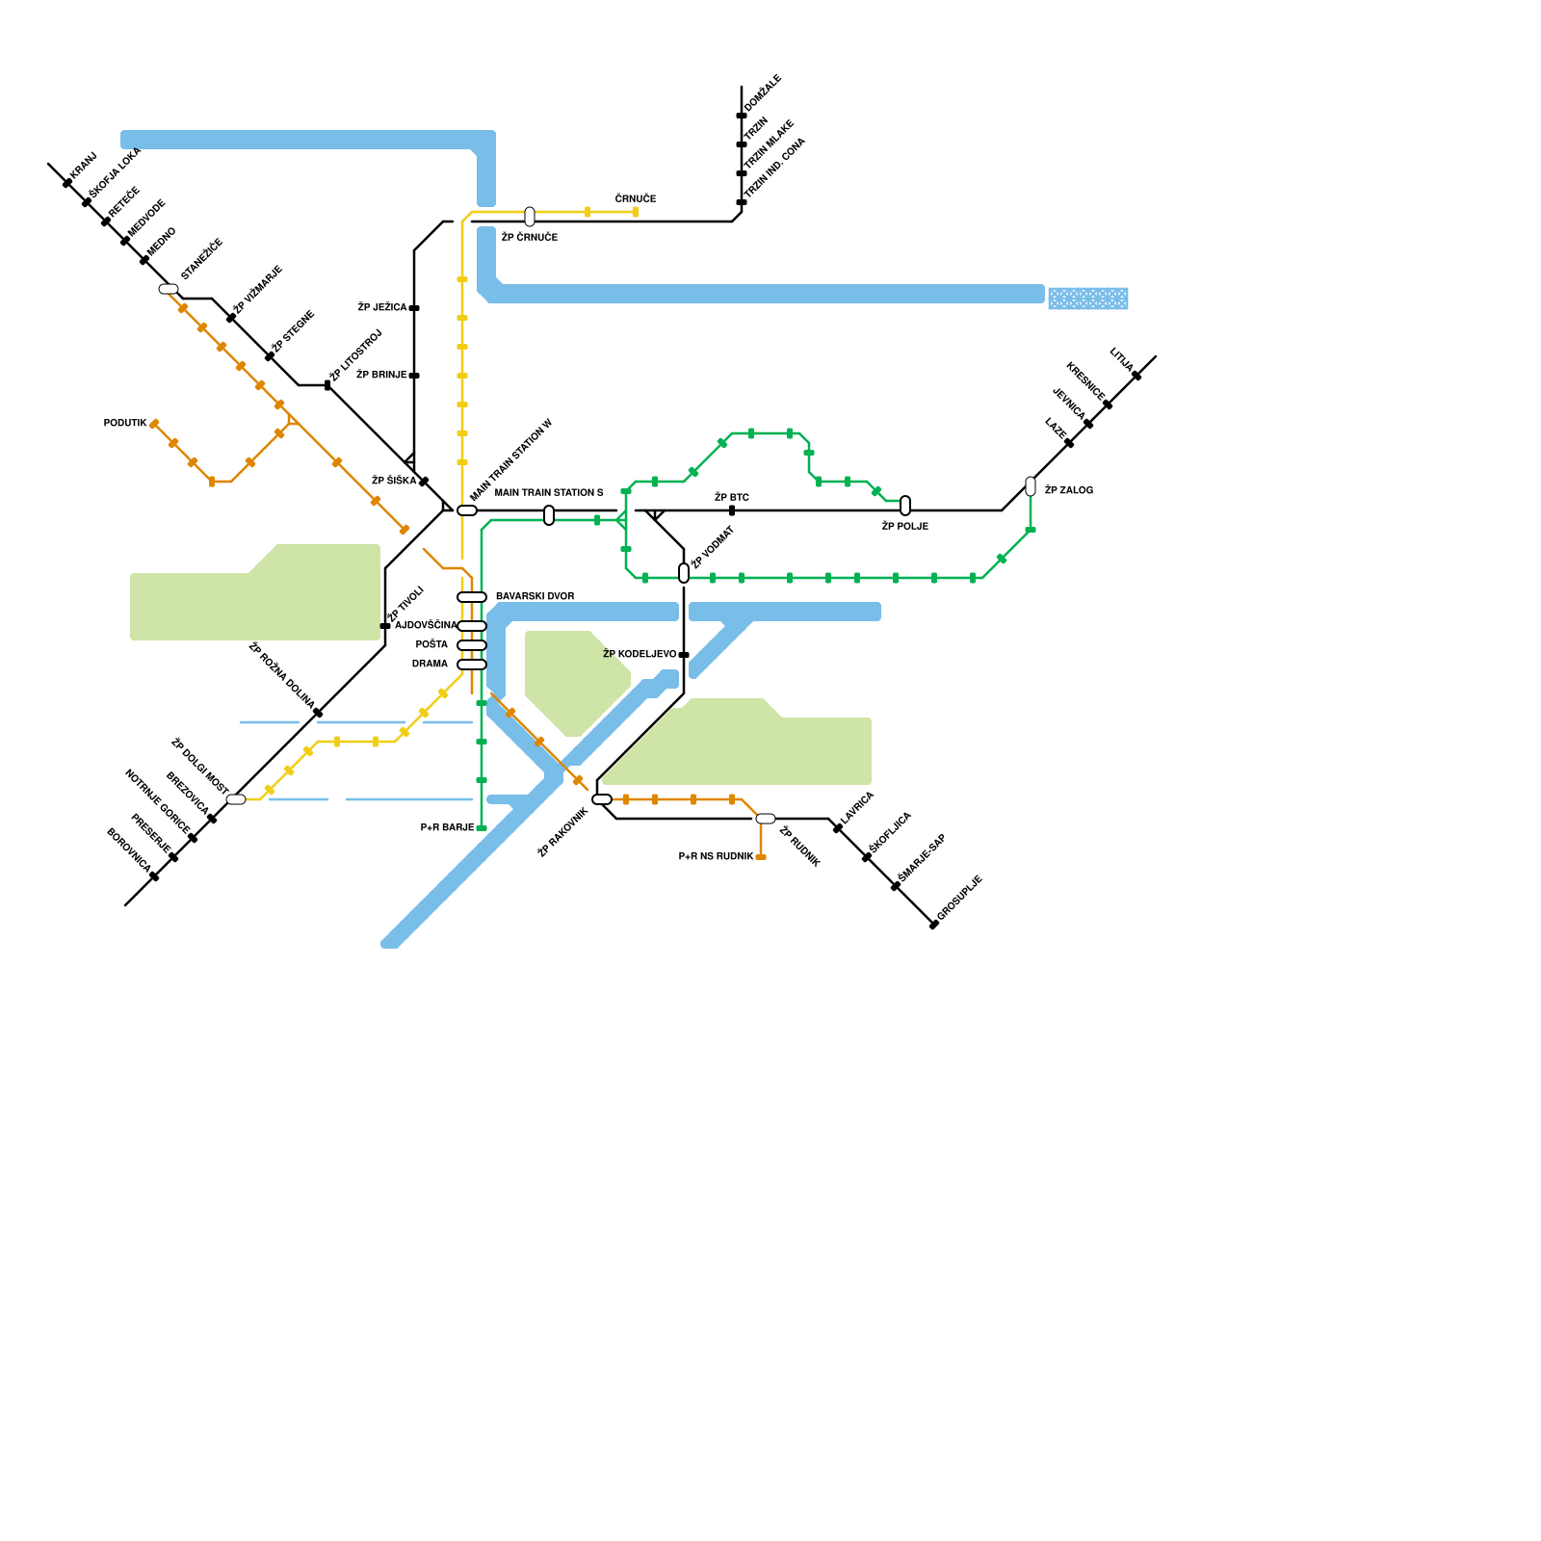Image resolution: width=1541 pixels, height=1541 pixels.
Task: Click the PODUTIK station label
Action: coord(125,424)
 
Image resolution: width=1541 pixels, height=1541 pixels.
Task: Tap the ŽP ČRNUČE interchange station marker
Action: coord(530,217)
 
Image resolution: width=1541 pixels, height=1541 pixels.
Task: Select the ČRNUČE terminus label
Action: coord(636,199)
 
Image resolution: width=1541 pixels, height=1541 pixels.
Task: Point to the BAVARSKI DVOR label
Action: coord(535,597)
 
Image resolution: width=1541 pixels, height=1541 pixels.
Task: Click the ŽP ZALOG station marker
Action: coord(1031,486)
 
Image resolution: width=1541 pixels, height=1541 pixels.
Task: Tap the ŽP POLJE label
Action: coord(905,527)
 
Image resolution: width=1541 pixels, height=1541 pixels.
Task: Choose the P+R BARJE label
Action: coord(447,828)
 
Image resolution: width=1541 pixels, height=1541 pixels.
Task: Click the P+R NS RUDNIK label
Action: coord(716,857)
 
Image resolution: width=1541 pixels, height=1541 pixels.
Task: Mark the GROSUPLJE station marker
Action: coord(933,926)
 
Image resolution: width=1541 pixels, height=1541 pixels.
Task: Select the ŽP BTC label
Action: coord(732,498)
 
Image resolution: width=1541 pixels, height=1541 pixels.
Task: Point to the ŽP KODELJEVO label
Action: coord(640,655)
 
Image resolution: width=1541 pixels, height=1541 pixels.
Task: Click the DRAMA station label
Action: coord(430,665)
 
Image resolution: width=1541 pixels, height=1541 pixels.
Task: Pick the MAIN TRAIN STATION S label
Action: coord(549,493)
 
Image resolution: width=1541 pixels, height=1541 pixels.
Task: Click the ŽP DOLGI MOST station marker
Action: coord(236,799)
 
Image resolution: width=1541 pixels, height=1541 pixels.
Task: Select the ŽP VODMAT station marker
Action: coord(684,573)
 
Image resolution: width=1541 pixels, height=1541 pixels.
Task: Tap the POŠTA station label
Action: coord(431,645)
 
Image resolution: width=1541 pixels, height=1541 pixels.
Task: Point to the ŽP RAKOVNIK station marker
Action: coord(602,799)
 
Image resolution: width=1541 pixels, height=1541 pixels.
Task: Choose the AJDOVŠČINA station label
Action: coord(426,626)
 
